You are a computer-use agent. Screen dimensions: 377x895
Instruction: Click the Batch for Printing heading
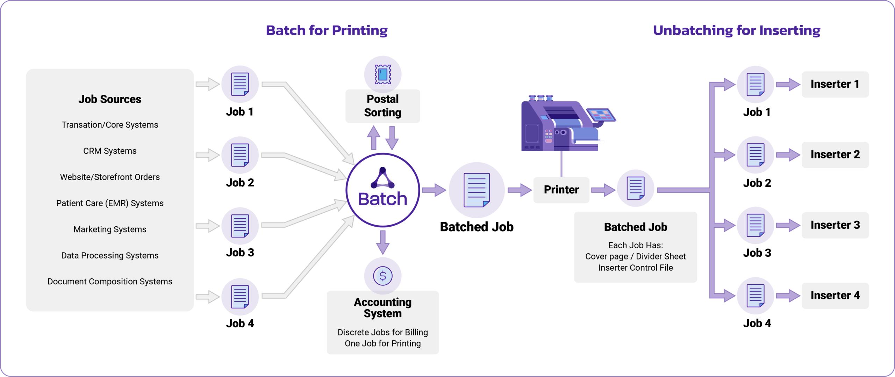pos(327,30)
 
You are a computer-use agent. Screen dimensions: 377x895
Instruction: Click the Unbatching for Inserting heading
pos(736,30)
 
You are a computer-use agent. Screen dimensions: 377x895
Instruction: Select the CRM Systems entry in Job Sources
pos(110,151)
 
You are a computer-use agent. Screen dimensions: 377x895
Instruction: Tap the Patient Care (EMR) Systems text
pos(110,203)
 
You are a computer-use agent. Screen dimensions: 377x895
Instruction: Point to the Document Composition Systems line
pos(110,282)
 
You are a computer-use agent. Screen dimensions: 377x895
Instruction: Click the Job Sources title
pos(110,99)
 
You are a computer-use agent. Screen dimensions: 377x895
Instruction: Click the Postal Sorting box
pos(382,106)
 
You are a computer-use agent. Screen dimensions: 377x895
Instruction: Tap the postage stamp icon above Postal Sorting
pos(382,74)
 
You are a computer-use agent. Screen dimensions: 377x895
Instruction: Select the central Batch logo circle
pos(382,190)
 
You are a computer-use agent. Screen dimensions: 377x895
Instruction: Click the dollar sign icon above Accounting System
pos(382,276)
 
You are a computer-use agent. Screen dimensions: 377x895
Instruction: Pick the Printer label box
pos(561,190)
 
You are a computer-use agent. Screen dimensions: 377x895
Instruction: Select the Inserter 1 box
pos(835,84)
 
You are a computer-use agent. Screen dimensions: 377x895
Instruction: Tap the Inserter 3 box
pos(835,225)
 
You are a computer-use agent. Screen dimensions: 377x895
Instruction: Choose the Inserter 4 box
pos(835,296)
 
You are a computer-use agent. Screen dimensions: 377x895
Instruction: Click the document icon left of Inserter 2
pos(755,155)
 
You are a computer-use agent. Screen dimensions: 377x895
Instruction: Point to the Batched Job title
pos(635,227)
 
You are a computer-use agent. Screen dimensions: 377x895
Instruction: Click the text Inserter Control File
pos(635,268)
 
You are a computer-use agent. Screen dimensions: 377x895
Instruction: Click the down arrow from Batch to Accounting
pos(383,242)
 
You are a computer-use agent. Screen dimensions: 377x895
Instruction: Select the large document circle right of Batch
pos(477,190)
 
